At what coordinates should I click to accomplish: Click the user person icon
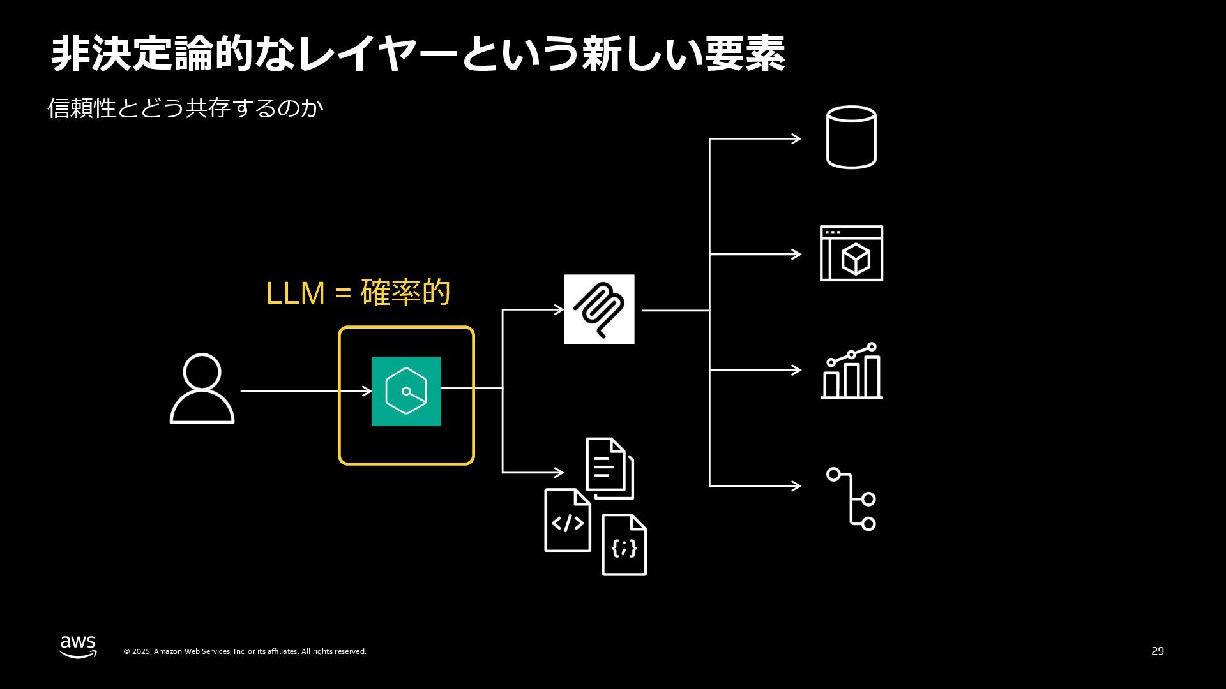coord(202,389)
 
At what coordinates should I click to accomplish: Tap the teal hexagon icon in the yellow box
coord(406,391)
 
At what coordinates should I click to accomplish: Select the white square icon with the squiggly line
coord(599,309)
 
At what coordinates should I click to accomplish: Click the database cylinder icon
coord(851,137)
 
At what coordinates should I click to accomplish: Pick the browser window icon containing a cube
coord(851,253)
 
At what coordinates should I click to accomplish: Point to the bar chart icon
coord(851,372)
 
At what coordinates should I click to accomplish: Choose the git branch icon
coord(852,499)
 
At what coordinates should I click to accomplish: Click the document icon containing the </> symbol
coord(567,521)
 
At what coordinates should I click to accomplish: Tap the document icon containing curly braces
coord(624,545)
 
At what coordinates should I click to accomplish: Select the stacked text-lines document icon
coord(609,468)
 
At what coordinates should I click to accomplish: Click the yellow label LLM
coord(295,293)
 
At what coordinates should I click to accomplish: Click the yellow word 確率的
coord(405,293)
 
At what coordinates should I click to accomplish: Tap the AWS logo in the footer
coord(79,646)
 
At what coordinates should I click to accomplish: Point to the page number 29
coord(1158,651)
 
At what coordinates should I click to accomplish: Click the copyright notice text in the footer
coord(245,651)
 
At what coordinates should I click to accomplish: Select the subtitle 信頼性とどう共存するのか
coord(185,108)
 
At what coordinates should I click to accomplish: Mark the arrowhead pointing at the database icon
coord(796,138)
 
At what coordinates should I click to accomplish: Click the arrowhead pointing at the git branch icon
coord(796,486)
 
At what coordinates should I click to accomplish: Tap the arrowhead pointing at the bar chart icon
coord(796,370)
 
